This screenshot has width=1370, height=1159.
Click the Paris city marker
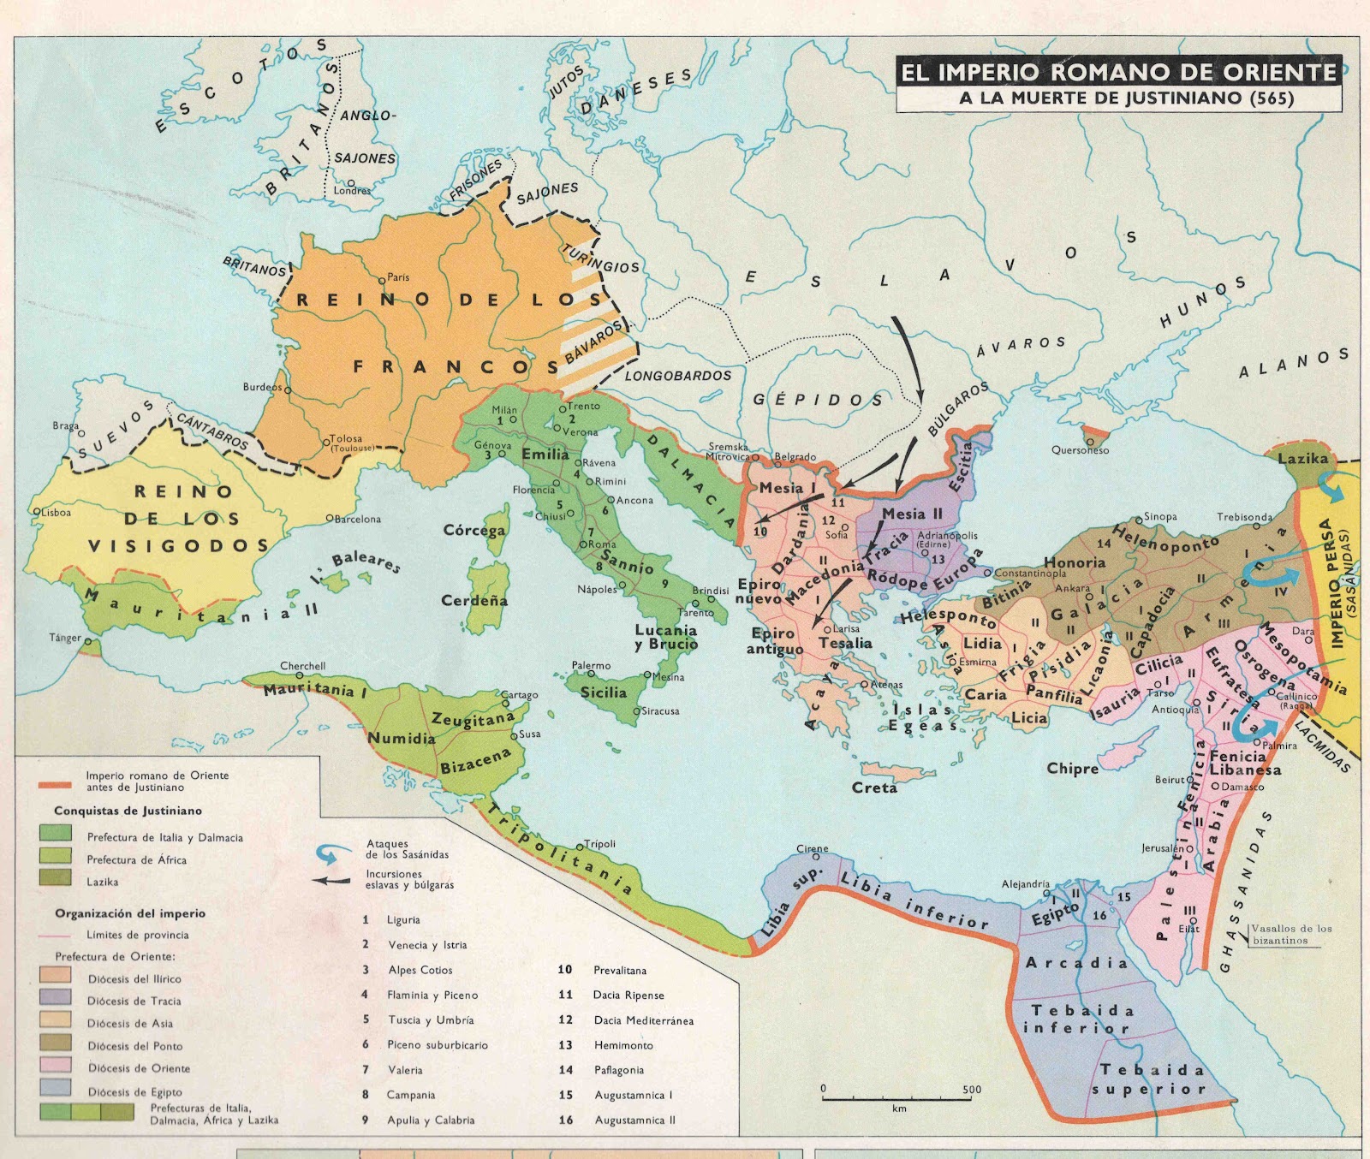(382, 280)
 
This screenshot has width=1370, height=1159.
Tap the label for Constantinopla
(1031, 574)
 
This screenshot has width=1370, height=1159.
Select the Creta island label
(874, 788)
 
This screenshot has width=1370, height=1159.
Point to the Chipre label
(1072, 769)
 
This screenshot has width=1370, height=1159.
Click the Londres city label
(353, 190)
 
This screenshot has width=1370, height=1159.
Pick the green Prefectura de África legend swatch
(56, 855)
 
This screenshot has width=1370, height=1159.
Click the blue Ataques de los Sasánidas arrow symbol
(333, 853)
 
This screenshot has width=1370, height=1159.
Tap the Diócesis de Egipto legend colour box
(56, 1089)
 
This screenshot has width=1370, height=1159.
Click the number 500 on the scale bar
(972, 1090)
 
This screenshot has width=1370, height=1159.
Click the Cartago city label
(519, 695)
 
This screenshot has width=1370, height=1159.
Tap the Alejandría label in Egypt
(1026, 884)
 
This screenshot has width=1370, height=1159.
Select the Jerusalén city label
(1162, 848)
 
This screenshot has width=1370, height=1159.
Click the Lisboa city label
(56, 512)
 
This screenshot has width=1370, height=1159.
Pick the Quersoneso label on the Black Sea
(1080, 450)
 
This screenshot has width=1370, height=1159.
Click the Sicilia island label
(604, 692)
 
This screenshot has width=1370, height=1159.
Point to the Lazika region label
(1302, 459)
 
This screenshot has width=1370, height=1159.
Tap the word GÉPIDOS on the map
(818, 399)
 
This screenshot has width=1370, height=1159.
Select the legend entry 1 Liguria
(402, 920)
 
